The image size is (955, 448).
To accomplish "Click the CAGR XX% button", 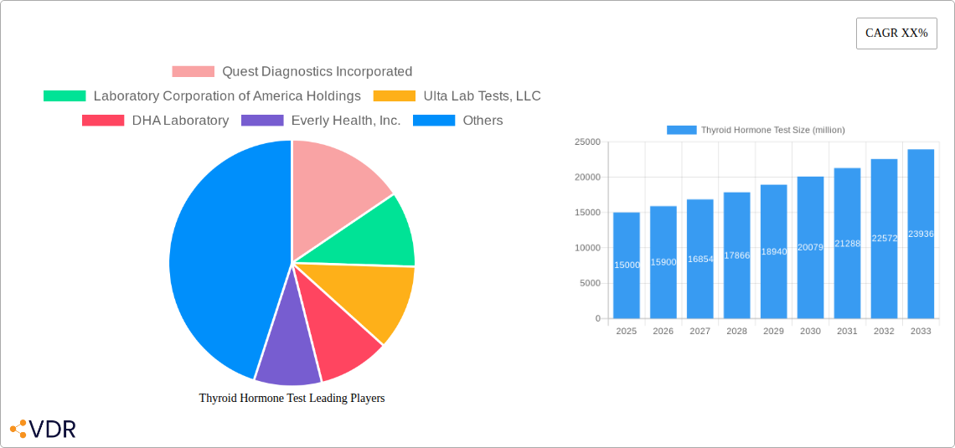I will point(896,33).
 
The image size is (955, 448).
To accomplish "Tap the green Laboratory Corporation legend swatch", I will point(65,96).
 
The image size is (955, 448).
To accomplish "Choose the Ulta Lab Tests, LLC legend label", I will point(482,96).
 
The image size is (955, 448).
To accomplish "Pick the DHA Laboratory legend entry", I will point(179,121).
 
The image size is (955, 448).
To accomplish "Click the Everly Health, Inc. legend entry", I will point(345,121).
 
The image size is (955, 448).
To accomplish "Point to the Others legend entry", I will point(482,121).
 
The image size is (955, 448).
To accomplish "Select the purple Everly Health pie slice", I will point(286,352).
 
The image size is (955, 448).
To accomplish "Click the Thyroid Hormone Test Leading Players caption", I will point(292,399).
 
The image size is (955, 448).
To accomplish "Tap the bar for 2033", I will point(921,234).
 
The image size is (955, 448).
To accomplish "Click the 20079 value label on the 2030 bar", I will point(810,247).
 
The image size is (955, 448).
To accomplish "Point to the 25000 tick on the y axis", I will point(586,142).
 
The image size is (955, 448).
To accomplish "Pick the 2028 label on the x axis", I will point(736,332).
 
